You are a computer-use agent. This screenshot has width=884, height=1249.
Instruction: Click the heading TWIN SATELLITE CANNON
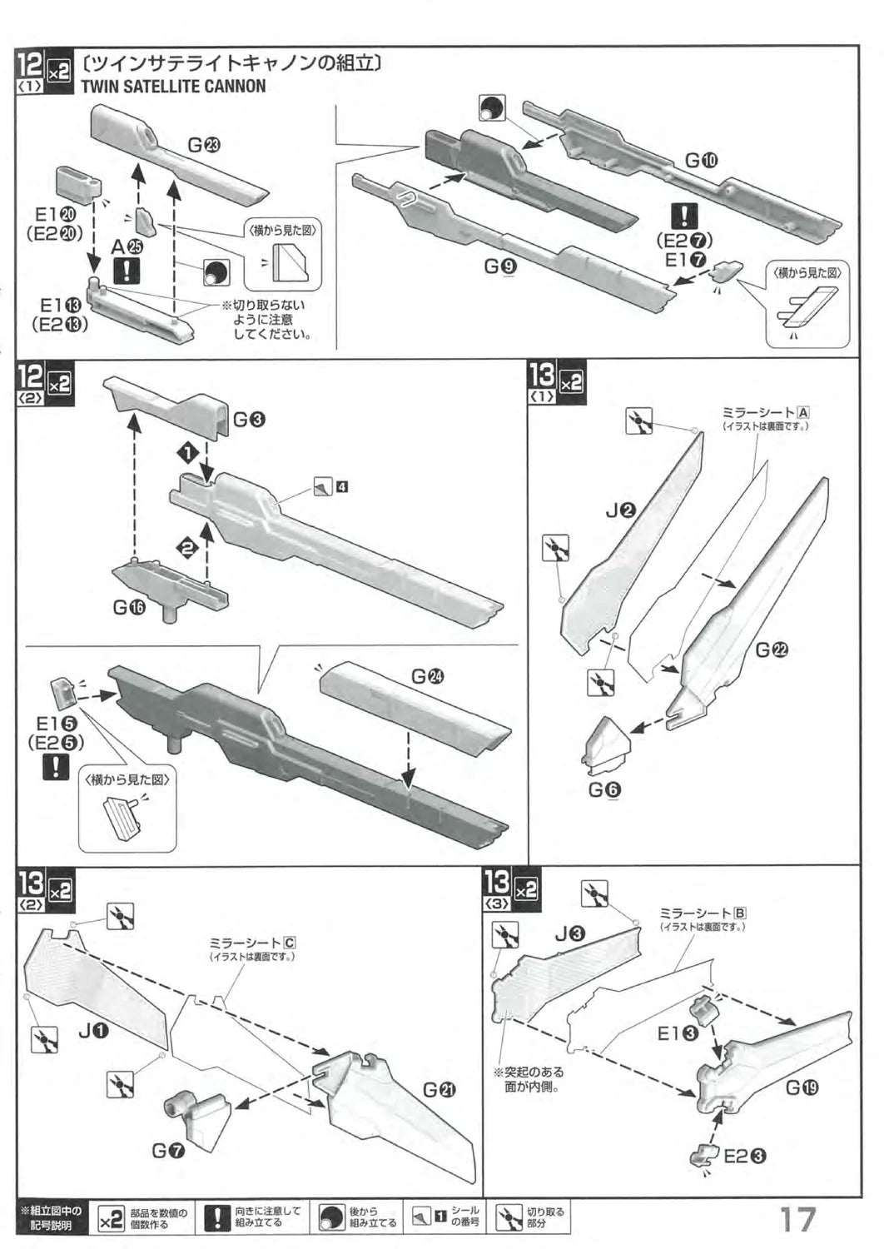173,87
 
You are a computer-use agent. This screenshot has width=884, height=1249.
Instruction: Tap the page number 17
797,1220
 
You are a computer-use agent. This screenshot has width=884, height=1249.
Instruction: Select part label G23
204,146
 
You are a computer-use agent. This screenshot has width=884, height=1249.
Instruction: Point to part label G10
701,160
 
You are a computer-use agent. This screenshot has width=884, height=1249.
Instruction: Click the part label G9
500,266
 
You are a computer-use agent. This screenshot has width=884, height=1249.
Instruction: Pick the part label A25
127,247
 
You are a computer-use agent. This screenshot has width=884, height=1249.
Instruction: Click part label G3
249,420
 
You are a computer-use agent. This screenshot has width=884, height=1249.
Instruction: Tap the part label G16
129,608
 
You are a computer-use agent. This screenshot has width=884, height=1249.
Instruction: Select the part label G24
427,677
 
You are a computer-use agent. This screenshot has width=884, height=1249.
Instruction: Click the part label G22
772,651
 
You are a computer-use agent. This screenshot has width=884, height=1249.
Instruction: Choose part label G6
604,789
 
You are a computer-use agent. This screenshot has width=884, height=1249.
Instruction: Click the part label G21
440,1089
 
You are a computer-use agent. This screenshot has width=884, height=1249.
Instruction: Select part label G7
168,1151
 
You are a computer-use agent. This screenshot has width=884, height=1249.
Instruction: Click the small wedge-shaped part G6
606,743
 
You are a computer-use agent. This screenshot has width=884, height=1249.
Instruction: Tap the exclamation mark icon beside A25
127,271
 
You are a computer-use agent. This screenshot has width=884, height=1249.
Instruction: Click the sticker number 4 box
342,487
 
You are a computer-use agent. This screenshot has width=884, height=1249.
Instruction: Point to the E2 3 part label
745,1156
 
